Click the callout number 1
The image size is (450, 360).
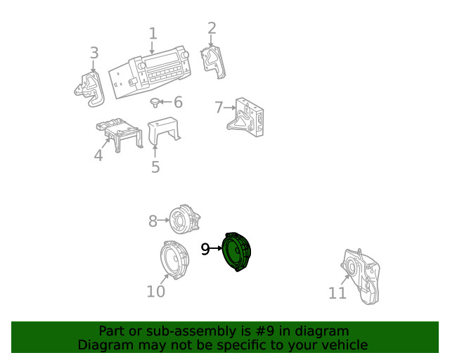pyautogui.click(x=153, y=34)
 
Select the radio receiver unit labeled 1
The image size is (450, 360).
pyautogui.click(x=149, y=73)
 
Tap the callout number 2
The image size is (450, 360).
pyautogui.click(x=212, y=29)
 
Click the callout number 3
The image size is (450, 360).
pyautogui.click(x=94, y=53)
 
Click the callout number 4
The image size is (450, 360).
pyautogui.click(x=98, y=155)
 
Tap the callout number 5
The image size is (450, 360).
pyautogui.click(x=155, y=167)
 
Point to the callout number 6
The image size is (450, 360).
pyautogui.click(x=178, y=103)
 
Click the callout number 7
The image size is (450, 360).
pyautogui.click(x=219, y=108)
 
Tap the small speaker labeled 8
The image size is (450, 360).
pyautogui.click(x=184, y=219)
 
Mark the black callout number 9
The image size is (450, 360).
pyautogui.click(x=205, y=249)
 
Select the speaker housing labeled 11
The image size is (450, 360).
pyautogui.click(x=359, y=276)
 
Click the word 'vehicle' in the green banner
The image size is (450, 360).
pyautogui.click(x=345, y=345)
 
